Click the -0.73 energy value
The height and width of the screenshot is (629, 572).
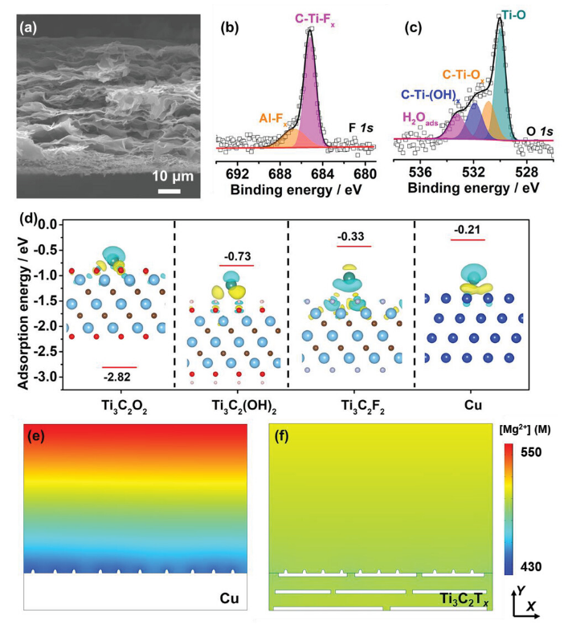(x=235, y=256)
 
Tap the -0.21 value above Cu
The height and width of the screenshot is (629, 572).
(x=468, y=231)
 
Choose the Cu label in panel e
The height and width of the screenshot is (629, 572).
(x=231, y=598)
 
